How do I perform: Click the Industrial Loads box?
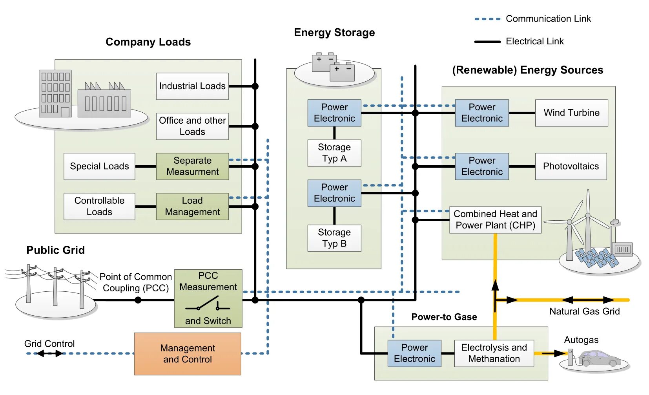(x=192, y=86)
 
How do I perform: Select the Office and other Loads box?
(x=192, y=126)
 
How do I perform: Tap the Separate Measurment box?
(x=192, y=166)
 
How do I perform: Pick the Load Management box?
(x=192, y=206)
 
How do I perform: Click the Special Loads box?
(x=99, y=166)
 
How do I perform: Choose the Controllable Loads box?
(x=99, y=206)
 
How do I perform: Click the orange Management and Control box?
(x=188, y=354)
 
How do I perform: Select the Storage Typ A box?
(x=334, y=153)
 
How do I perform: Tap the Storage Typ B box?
(x=334, y=238)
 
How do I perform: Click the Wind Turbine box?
(x=571, y=113)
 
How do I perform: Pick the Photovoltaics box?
(x=571, y=166)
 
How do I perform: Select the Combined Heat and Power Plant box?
(x=495, y=219)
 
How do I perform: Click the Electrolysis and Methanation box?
(x=494, y=353)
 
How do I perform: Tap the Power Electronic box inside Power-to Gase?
(x=414, y=353)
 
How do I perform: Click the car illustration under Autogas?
(x=599, y=358)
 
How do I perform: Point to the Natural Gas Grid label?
(x=584, y=311)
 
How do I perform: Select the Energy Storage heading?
(x=334, y=33)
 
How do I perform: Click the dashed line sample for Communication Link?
(x=487, y=19)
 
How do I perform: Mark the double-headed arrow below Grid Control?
(x=49, y=353)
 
